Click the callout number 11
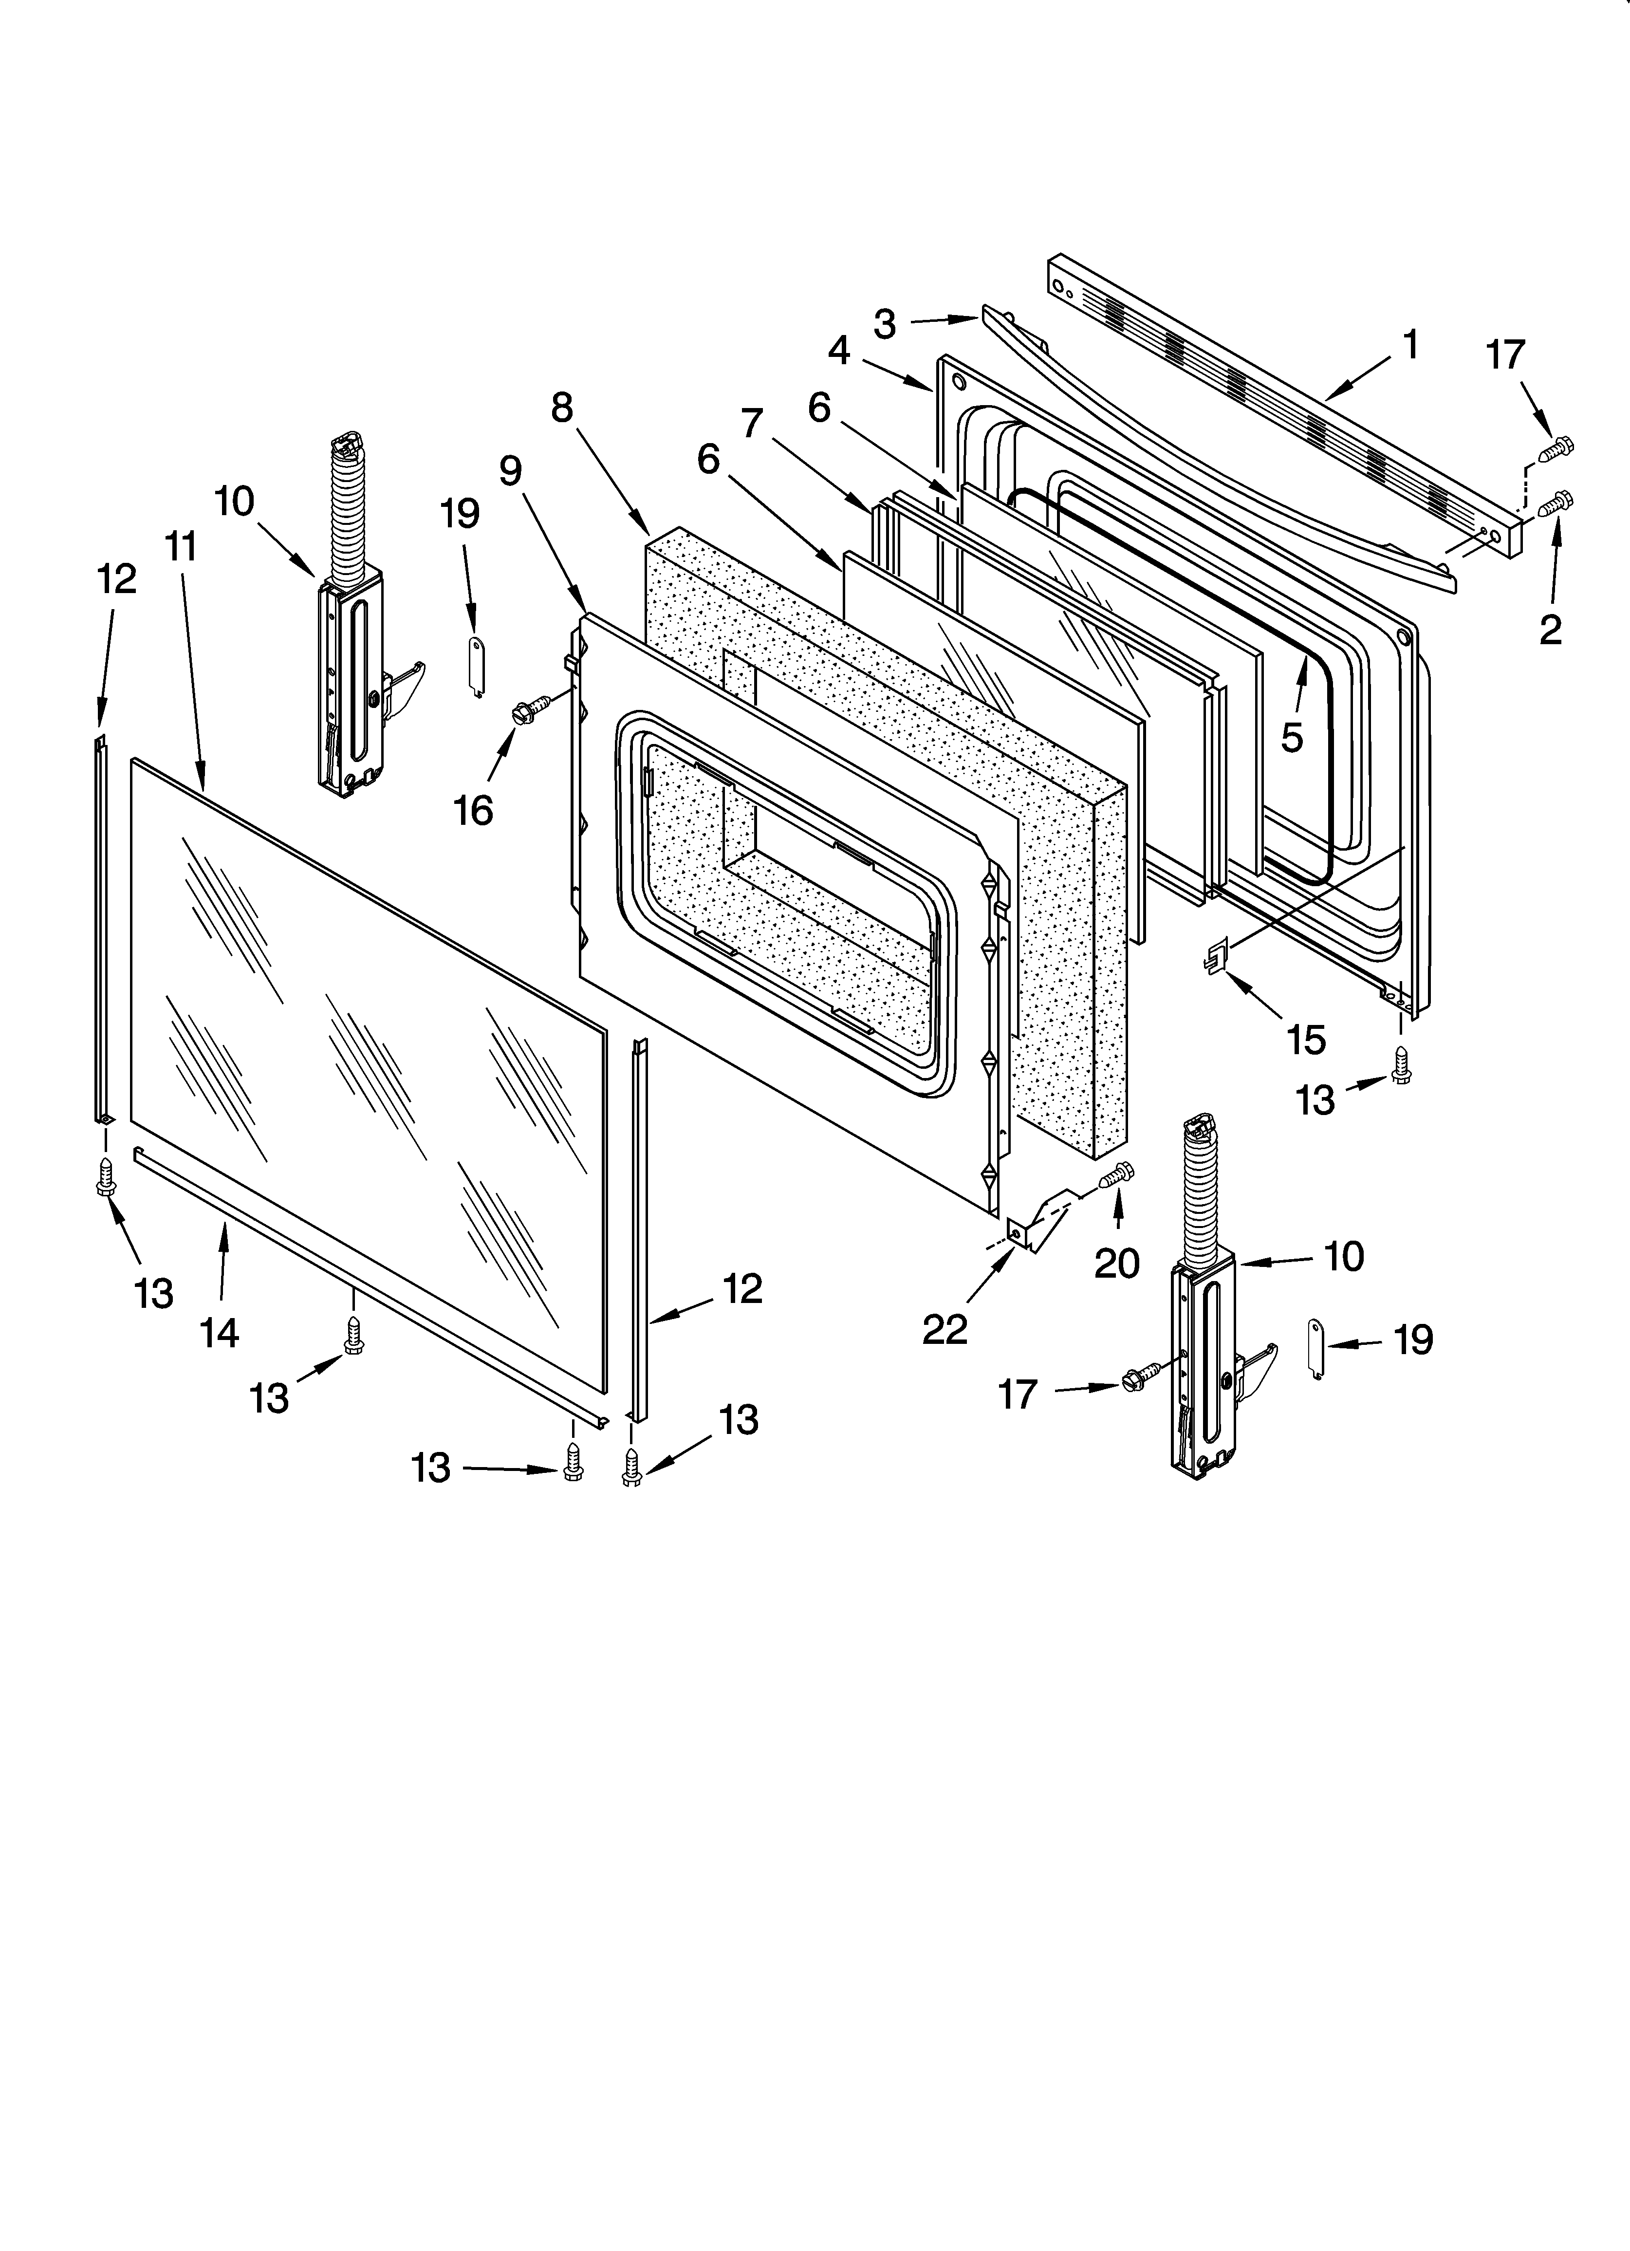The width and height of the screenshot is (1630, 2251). pyautogui.click(x=182, y=545)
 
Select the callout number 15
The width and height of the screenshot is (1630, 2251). pyautogui.click(x=1306, y=1039)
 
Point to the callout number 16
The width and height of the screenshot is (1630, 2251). pyautogui.click(x=474, y=810)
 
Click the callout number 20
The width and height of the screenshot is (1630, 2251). pyautogui.click(x=1117, y=1263)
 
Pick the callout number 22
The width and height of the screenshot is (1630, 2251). pyautogui.click(x=944, y=1329)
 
